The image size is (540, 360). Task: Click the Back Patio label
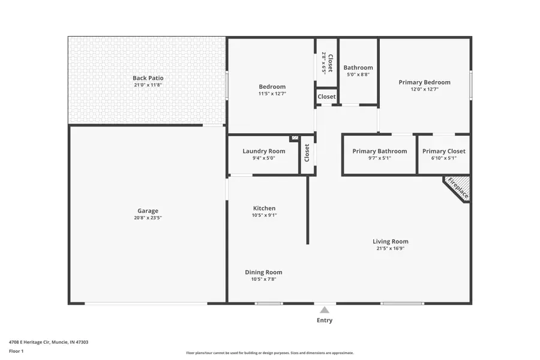coord(148,78)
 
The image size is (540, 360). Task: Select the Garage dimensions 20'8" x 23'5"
coord(148,218)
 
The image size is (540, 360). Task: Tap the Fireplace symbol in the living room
coord(458,188)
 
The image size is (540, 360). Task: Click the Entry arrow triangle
coord(324,310)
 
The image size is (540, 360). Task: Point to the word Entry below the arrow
coord(324,320)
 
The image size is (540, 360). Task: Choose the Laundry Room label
coord(263,151)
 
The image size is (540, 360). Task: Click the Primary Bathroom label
coord(379,151)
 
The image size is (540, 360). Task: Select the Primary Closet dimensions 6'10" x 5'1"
coord(443,158)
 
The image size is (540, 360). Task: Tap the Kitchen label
coord(264,208)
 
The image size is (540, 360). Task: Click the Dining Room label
coord(263,272)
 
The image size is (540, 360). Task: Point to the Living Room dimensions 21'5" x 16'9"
coord(390,248)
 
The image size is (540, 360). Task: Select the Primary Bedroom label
coord(424,82)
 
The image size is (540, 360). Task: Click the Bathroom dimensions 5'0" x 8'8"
coord(358,75)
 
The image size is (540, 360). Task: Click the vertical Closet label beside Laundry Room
coord(307,154)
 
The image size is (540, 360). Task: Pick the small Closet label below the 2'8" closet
coord(326,97)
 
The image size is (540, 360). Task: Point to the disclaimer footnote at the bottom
coord(269,353)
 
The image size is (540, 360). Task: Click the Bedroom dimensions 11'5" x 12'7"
coord(272,94)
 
